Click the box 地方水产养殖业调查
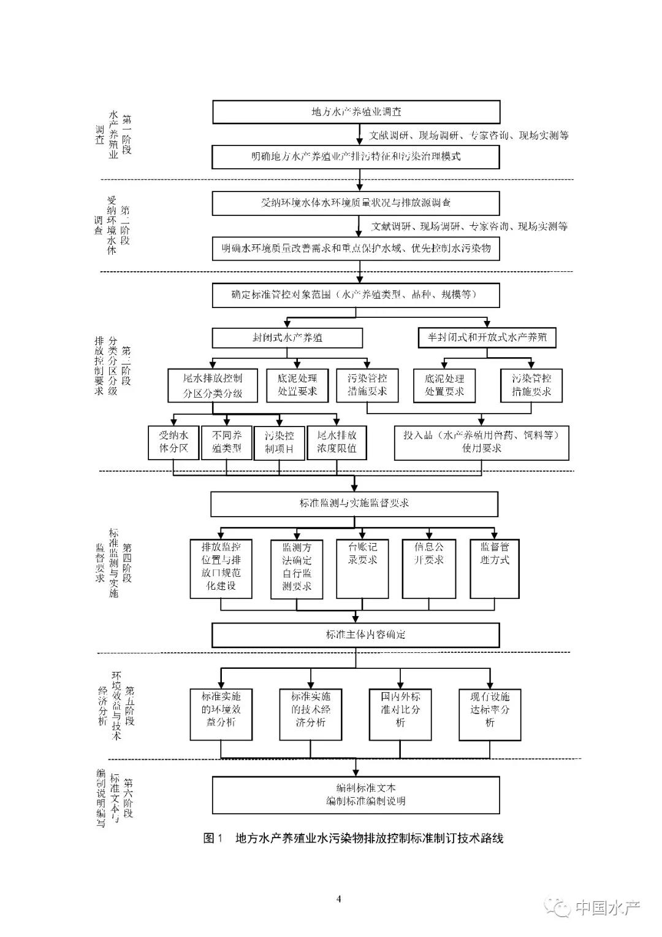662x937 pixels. (x=356, y=112)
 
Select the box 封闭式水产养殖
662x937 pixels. (x=287, y=337)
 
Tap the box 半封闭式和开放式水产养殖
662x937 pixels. (x=487, y=337)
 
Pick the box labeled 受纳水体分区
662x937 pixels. (x=174, y=442)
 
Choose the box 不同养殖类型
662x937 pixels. (x=227, y=442)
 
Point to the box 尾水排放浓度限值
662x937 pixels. (x=337, y=442)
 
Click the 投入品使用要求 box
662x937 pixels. (x=481, y=442)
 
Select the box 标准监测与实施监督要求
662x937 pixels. (x=354, y=504)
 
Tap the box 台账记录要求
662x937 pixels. (x=362, y=568)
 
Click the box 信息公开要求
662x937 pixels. (x=428, y=568)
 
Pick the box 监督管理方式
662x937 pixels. (x=494, y=568)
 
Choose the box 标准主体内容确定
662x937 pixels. (x=356, y=634)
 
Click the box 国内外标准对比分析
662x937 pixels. (x=400, y=714)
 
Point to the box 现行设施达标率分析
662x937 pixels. (x=490, y=714)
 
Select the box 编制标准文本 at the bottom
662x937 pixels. (x=356, y=795)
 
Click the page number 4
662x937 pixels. (x=338, y=899)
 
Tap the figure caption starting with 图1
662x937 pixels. (x=353, y=838)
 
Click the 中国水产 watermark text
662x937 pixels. (x=606, y=908)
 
